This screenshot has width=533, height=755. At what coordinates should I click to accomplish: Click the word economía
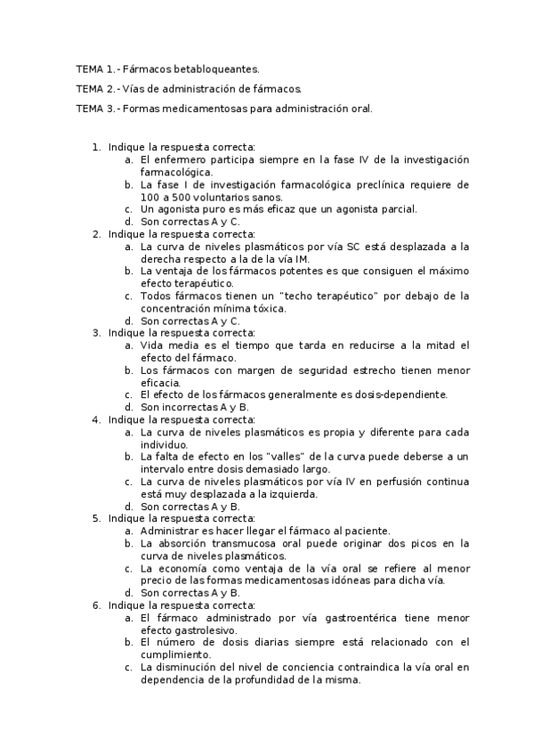pos(182,567)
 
